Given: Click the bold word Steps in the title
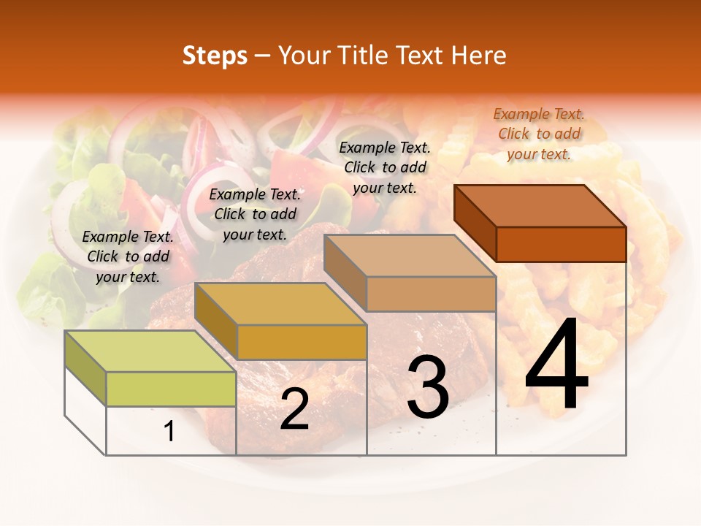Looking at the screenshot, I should point(215,56).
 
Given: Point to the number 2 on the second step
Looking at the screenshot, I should point(294,409).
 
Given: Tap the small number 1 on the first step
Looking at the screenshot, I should point(169,432).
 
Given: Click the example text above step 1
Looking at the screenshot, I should point(129,256).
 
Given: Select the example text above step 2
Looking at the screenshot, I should point(255,214).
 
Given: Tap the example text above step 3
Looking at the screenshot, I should point(385,167).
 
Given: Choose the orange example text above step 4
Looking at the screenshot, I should point(539,134).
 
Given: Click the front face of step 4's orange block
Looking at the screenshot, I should point(561,244).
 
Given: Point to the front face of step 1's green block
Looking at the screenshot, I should point(171,389).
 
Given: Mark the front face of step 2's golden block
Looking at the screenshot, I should point(302,342).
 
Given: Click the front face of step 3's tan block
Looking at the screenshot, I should point(431,294).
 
